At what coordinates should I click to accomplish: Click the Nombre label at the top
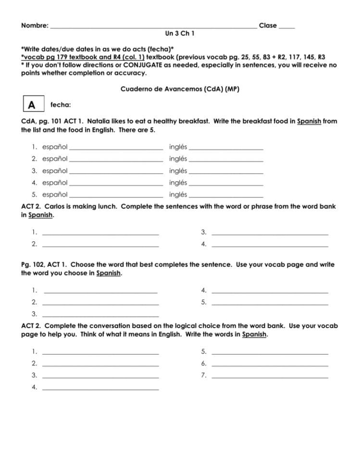[34, 25]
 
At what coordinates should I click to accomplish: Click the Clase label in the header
[268, 25]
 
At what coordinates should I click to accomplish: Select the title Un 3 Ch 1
[179, 34]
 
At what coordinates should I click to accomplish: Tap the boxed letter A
[32, 105]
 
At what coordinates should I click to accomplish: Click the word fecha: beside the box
[61, 105]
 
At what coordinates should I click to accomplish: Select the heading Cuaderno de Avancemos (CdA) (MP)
[179, 89]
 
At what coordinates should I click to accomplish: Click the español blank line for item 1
[116, 148]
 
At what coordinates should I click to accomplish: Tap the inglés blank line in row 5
[226, 196]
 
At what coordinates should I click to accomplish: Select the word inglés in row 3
[178, 171]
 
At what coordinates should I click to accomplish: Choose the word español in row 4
[55, 183]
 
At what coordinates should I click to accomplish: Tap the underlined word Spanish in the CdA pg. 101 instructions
[309, 122]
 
